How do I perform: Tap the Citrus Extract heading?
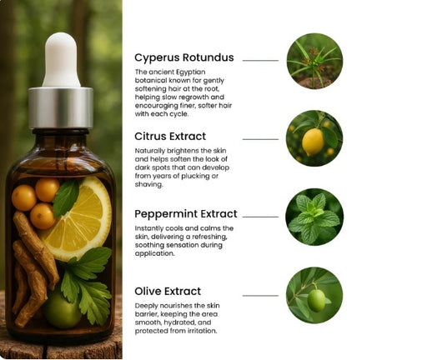170,136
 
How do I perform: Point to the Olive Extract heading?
168,292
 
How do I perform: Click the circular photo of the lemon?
314,138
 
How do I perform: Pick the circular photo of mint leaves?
314,217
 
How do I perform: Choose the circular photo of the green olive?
314,295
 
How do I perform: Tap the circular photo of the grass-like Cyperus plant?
314,61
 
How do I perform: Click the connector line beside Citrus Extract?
260,138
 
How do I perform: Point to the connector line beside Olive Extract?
260,295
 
